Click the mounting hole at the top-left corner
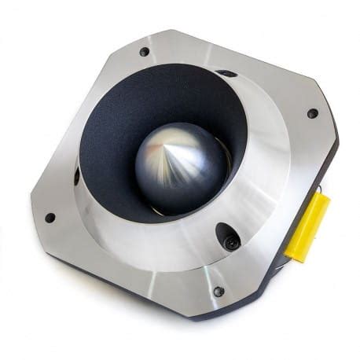pyautogui.click(x=144, y=53)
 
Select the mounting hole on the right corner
pyautogui.click(x=312, y=113)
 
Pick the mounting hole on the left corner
pyautogui.click(x=50, y=218)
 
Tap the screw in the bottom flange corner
pyautogui.click(x=219, y=292)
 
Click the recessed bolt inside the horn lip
pyautogui.click(x=230, y=240)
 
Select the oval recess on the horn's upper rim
pyautogui.click(x=226, y=74)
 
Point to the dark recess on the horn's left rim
pyautogui.click(x=76, y=175)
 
